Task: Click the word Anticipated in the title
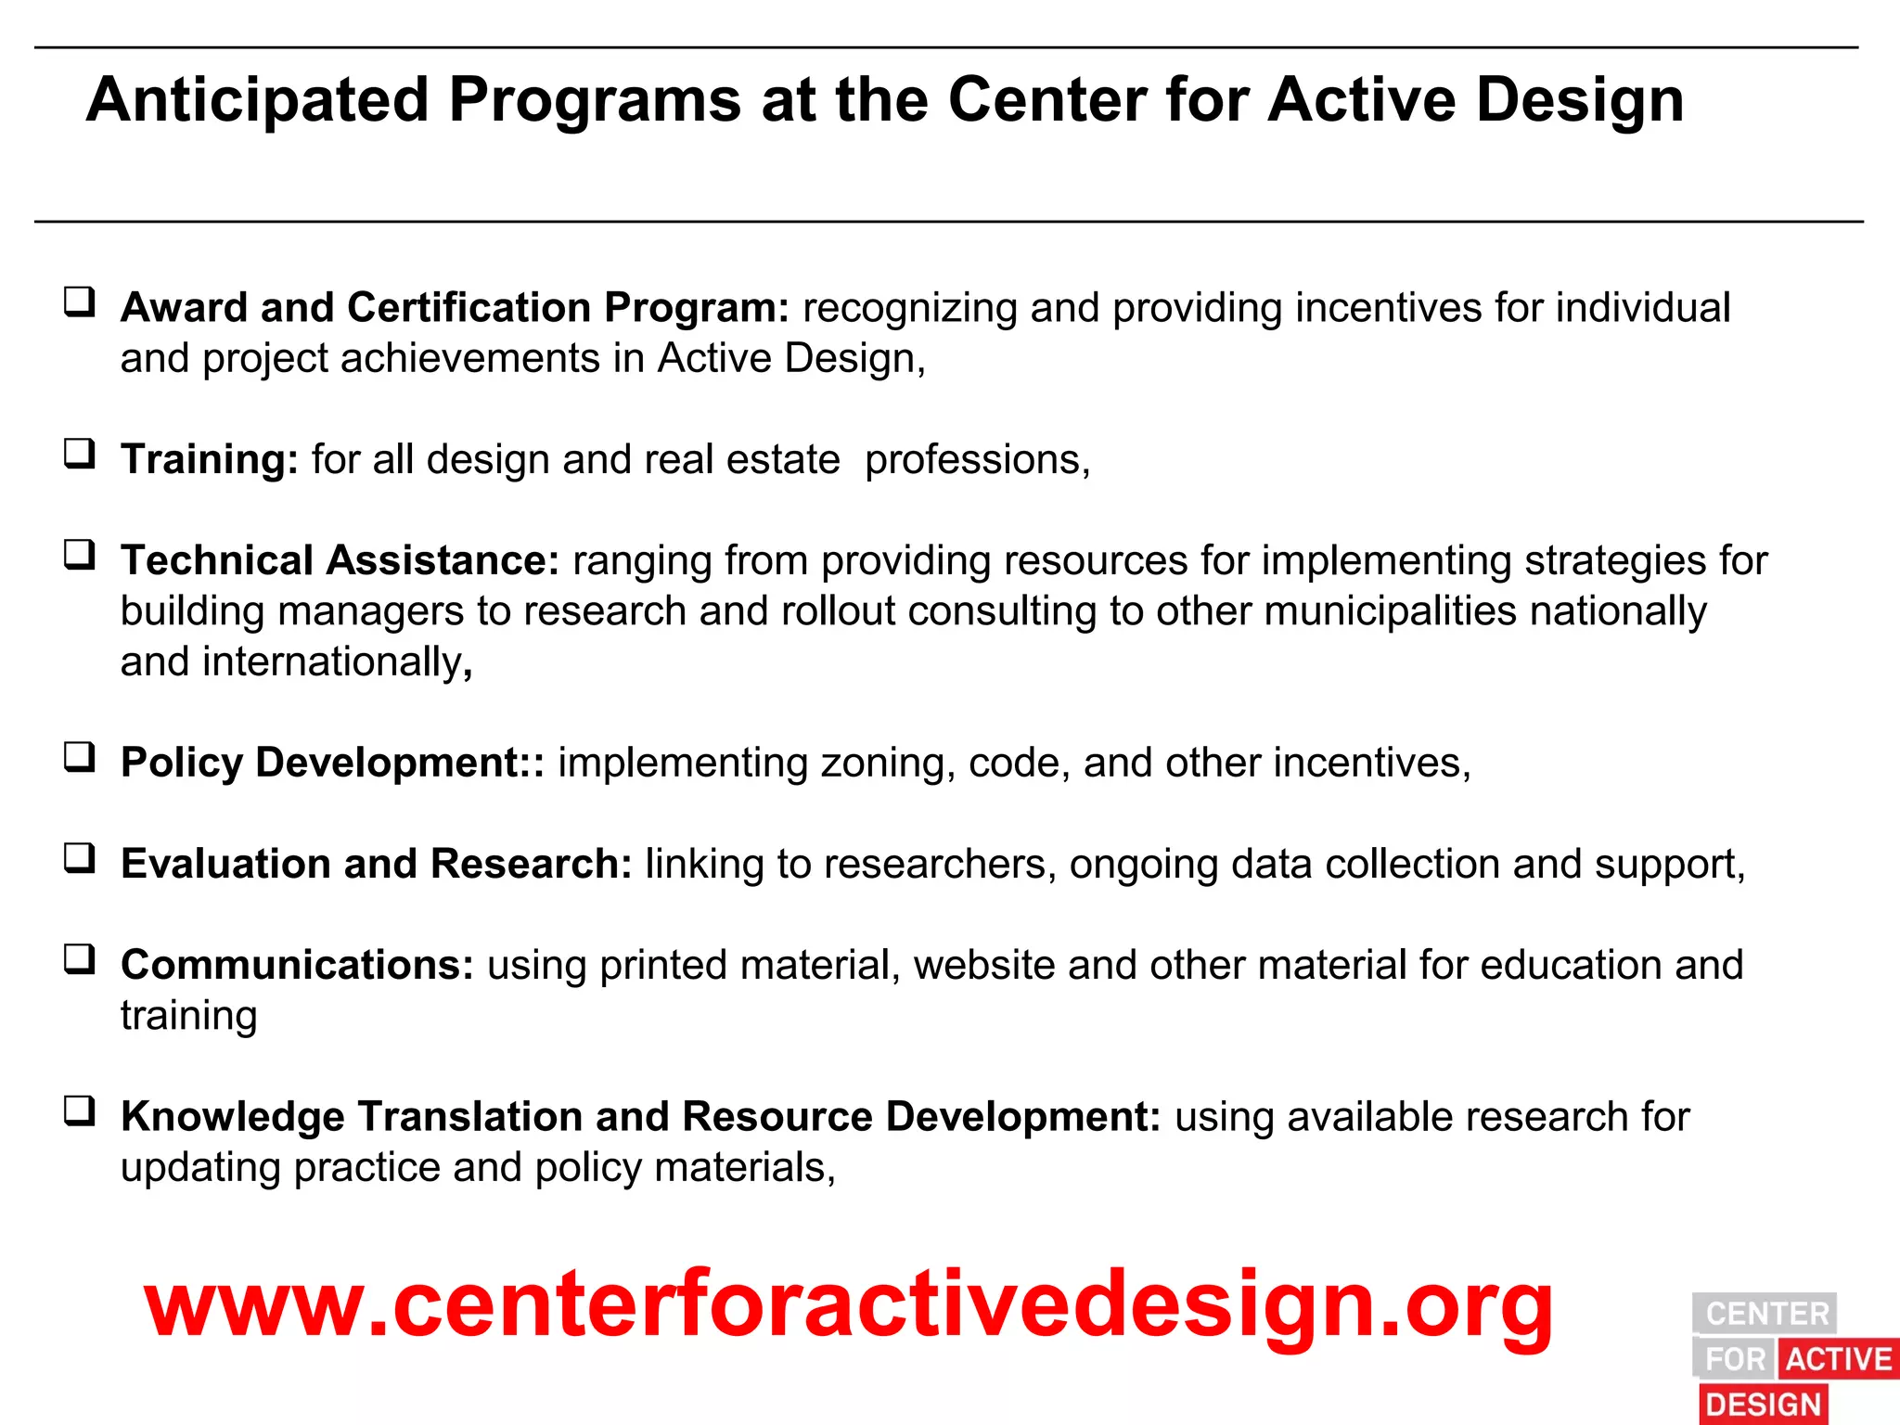tap(257, 100)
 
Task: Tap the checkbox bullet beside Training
tap(80, 454)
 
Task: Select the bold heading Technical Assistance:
tap(340, 560)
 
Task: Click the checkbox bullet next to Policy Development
tap(80, 757)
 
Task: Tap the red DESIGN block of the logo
tap(1763, 1404)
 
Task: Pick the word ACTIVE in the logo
tap(1839, 1359)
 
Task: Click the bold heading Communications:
tap(297, 965)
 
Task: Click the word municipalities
tap(1390, 611)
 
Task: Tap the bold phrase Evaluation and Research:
tap(376, 864)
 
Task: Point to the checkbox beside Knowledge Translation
tap(80, 1110)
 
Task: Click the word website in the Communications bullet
tap(983, 965)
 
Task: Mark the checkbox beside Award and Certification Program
tap(80, 302)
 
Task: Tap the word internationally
tap(333, 662)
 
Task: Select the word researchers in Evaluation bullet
tap(939, 864)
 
